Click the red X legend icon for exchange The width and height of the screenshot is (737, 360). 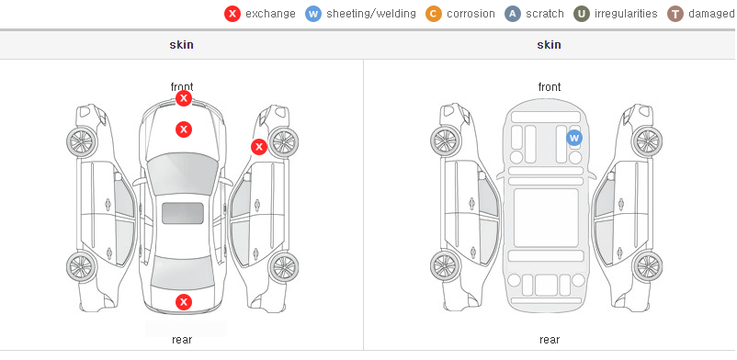click(232, 14)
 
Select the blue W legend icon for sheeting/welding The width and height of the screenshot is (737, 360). click(313, 14)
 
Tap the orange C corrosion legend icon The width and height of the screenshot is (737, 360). click(434, 14)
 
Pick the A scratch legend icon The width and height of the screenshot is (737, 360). click(513, 14)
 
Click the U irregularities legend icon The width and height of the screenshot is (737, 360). click(582, 14)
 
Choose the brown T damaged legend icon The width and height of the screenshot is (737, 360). click(675, 14)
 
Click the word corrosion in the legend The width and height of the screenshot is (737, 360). click(471, 14)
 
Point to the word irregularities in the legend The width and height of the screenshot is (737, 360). click(626, 14)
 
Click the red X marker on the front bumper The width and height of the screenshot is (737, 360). click(184, 98)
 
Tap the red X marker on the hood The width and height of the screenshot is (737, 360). click(184, 129)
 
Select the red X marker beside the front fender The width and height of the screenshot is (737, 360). click(258, 147)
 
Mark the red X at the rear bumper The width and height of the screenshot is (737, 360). click(184, 302)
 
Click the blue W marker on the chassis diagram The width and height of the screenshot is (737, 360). click(574, 138)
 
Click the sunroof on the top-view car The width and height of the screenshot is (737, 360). click(183, 213)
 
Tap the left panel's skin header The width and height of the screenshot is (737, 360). click(181, 45)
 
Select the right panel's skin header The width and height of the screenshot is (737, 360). click(549, 45)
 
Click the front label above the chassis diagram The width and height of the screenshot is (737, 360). click(550, 87)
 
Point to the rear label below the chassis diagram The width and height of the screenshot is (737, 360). click(550, 339)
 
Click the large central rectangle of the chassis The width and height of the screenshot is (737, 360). click(546, 218)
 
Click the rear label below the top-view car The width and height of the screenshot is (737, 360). click(182, 339)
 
